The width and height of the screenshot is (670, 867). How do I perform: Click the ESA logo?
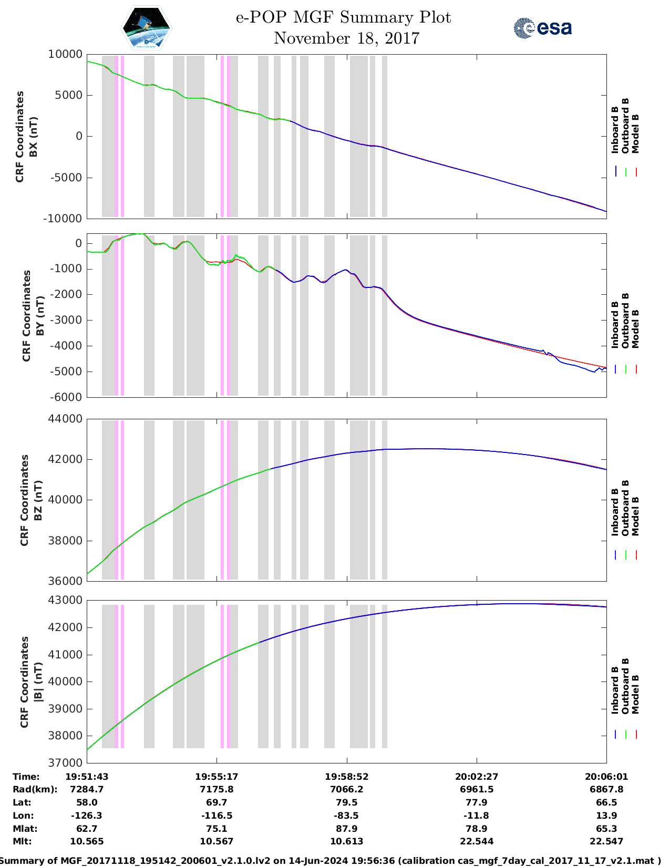tap(543, 28)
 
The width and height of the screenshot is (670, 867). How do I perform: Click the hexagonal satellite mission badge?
tap(147, 28)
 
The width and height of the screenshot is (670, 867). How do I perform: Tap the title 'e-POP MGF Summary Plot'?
tap(343, 17)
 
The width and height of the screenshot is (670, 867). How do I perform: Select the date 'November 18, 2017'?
tap(346, 38)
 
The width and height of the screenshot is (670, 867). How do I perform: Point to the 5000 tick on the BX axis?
tap(66, 95)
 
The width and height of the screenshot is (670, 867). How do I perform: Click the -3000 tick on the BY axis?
tap(66, 320)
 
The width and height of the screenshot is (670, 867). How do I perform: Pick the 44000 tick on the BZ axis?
tap(65, 419)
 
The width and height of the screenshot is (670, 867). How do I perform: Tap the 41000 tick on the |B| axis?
tap(65, 655)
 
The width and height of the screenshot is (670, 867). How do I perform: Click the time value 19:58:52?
tap(346, 777)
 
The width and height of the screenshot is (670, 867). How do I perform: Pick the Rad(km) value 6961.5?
tap(476, 789)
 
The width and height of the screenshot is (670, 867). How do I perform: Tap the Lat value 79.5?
tap(346, 802)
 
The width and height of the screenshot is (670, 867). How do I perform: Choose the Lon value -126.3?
tap(87, 816)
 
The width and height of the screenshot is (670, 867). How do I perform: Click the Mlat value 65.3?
tap(606, 829)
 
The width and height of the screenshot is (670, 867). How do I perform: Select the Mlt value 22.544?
tap(476, 841)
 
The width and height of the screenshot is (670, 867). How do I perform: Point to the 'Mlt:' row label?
tap(22, 841)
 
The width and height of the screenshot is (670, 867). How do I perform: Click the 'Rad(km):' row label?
tap(35, 789)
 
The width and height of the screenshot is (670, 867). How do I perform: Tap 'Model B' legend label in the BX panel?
tap(635, 133)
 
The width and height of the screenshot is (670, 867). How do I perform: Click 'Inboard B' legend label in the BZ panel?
tap(615, 512)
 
